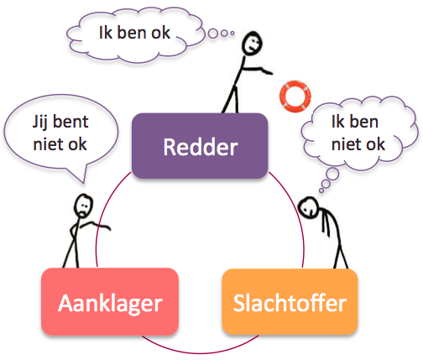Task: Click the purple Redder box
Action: (x=200, y=146)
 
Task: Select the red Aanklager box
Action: (x=110, y=301)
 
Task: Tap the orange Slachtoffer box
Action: (x=290, y=301)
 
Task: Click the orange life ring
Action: (x=295, y=97)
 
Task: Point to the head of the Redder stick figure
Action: (x=252, y=43)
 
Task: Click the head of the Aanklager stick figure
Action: (x=83, y=206)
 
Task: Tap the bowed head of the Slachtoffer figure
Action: (x=308, y=207)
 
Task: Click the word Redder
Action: (x=201, y=147)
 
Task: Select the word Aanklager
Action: (x=110, y=304)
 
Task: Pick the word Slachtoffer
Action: (x=290, y=303)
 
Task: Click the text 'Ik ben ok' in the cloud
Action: (x=134, y=33)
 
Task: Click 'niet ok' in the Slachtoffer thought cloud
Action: (x=358, y=144)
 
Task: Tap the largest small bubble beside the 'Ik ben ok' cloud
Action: (x=213, y=33)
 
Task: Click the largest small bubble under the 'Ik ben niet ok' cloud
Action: (x=332, y=174)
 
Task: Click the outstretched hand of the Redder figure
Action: (x=267, y=71)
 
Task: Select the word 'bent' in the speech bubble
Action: (x=70, y=122)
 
